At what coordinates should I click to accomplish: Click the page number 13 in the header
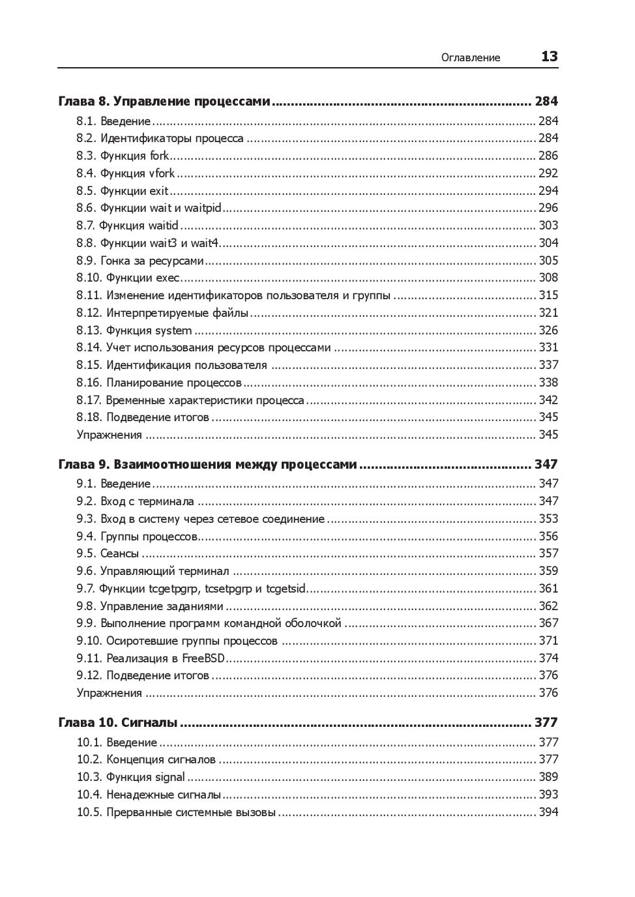point(549,57)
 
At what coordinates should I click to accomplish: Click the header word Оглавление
point(470,57)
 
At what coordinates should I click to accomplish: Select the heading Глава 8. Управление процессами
point(164,101)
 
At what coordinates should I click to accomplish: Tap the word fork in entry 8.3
point(159,156)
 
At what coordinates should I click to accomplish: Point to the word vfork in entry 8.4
point(162,173)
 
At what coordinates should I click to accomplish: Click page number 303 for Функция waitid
point(548,226)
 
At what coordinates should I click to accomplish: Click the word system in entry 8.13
point(173,331)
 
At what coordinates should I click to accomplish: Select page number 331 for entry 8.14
point(548,347)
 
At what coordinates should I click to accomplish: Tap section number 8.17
point(89,400)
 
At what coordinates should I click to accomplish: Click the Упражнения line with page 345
point(109,435)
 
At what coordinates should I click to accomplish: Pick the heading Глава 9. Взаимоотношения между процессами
point(207,465)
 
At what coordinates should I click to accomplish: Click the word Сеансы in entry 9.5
point(119,553)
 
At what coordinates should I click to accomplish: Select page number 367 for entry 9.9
point(548,623)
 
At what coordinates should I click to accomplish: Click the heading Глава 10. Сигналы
point(117,722)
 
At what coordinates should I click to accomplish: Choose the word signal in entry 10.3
point(170,777)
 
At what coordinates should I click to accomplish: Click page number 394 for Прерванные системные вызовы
point(548,812)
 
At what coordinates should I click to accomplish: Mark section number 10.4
point(89,795)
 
